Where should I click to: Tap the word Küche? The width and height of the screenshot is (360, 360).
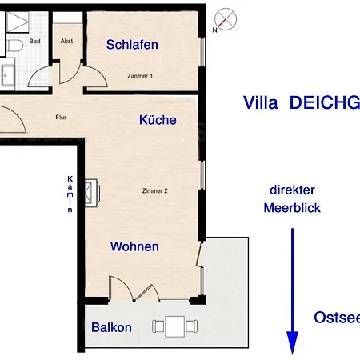click(x=158, y=120)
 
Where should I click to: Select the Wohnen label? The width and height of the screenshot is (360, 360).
click(x=134, y=247)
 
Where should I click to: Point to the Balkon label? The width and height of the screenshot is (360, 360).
click(x=111, y=328)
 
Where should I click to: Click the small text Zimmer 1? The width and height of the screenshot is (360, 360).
click(x=139, y=75)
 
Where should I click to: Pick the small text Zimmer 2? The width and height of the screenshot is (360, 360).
click(x=154, y=190)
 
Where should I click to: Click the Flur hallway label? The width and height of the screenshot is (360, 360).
click(x=61, y=116)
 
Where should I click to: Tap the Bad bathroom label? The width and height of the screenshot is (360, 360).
click(x=35, y=40)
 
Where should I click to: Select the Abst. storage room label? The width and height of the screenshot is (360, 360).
click(x=68, y=40)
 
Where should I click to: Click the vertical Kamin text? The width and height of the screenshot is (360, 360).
click(x=70, y=194)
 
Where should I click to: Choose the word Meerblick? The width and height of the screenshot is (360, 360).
click(x=292, y=208)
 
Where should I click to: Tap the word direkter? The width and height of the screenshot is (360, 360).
click(x=292, y=190)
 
